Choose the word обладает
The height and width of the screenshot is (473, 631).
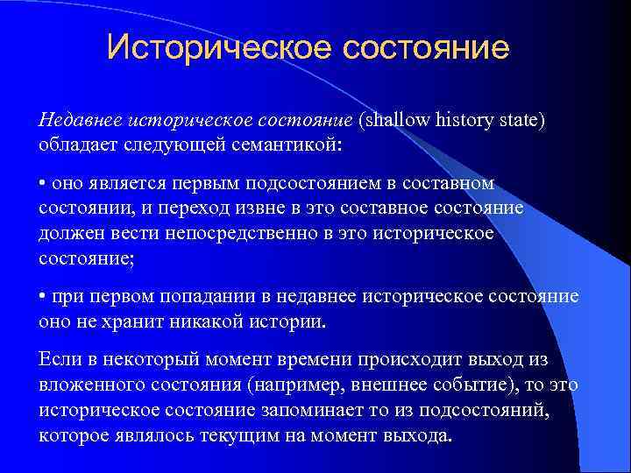[74, 145]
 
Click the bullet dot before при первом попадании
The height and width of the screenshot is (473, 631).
[43, 297]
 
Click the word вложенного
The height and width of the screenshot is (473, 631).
[91, 385]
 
